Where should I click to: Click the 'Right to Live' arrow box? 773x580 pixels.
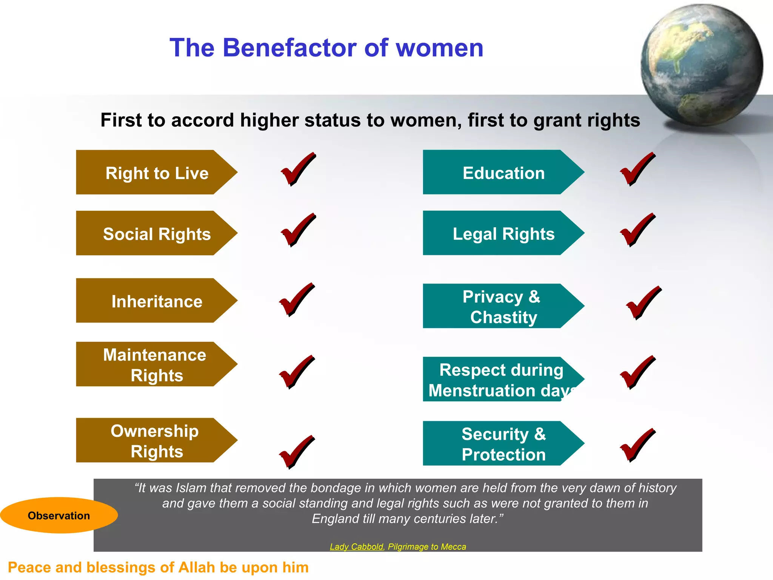[x=157, y=173]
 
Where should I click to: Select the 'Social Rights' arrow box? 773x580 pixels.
[x=157, y=233]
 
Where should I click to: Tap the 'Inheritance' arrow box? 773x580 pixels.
[x=157, y=301]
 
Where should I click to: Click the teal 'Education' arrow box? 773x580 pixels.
[x=503, y=173]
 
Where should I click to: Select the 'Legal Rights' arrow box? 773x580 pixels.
[x=503, y=233]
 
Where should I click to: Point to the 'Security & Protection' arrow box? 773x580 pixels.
[x=503, y=444]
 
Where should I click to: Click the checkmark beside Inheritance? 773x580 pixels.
[x=296, y=299]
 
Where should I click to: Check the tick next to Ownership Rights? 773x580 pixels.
[x=296, y=452]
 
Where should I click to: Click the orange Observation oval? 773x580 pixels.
[x=59, y=515]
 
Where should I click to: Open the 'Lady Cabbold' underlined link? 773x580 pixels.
[x=356, y=546]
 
